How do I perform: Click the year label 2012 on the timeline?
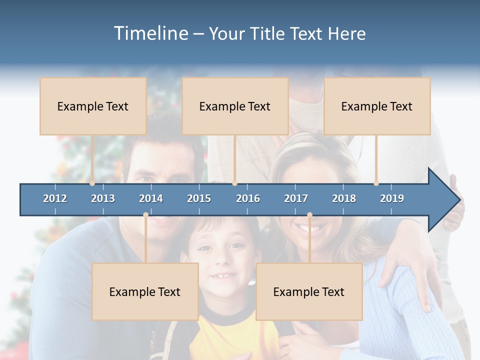[x=55, y=198]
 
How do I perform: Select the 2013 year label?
[x=103, y=198]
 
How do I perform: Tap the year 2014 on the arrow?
[x=151, y=198]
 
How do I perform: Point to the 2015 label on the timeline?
[x=199, y=198]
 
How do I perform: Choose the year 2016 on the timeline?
[x=248, y=198]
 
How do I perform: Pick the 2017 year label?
[x=296, y=198]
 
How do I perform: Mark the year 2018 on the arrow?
[x=344, y=198]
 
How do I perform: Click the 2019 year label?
[x=392, y=198]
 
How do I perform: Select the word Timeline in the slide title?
[x=150, y=33]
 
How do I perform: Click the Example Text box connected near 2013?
[x=93, y=106]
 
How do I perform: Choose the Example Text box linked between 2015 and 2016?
[x=235, y=106]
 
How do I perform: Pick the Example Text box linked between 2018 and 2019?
[x=377, y=106]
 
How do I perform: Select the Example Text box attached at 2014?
[x=145, y=291]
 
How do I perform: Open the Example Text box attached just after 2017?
[x=309, y=291]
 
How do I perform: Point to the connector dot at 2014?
[x=145, y=214]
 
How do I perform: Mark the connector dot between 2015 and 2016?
[x=234, y=183]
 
